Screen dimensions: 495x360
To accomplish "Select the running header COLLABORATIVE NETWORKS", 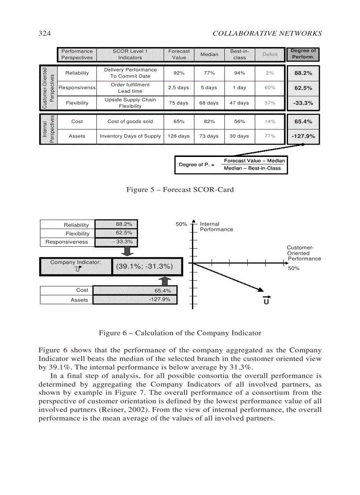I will tap(267, 33).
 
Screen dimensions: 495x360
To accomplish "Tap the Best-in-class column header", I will tap(239, 54).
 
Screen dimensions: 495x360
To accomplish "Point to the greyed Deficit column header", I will tap(270, 54).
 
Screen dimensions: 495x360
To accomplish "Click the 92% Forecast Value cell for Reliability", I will tap(179, 73).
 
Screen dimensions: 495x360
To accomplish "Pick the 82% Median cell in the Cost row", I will tap(209, 121).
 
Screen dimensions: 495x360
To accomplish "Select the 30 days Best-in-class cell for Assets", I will tap(239, 136).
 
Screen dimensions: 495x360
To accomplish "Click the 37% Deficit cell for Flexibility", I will tap(270, 103).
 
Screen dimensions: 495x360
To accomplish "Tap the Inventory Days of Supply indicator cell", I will tap(130, 136).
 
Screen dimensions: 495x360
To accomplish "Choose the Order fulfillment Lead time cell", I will tap(130, 88).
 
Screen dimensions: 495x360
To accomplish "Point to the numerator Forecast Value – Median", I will tap(254, 161).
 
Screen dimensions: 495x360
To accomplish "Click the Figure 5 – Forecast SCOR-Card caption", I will tap(180, 190).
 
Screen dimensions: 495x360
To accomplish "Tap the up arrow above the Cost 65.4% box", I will tap(164, 281).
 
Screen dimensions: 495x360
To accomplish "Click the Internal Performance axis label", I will tap(216, 227).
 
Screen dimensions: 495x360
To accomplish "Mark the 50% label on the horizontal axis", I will tap(293, 268).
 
